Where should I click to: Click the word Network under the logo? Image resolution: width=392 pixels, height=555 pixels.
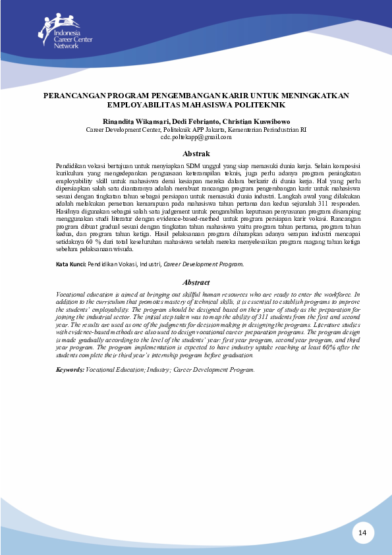tap(65, 45)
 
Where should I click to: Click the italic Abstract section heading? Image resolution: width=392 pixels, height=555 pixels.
tap(196, 282)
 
